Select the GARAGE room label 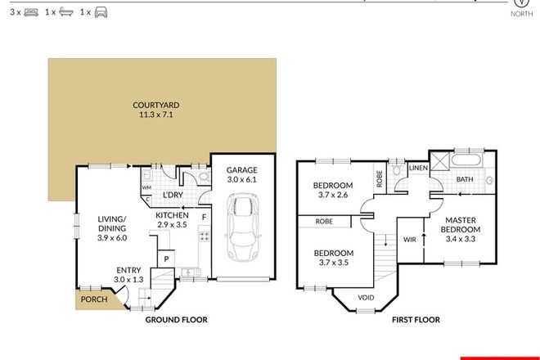(x=241, y=170)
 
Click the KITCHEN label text (x=172, y=214)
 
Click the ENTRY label (x=128, y=270)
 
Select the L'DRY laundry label (x=172, y=196)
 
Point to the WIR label (x=410, y=240)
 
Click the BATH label (x=465, y=179)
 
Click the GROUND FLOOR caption (x=176, y=321)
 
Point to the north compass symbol (x=519, y=4)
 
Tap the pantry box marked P (x=166, y=259)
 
